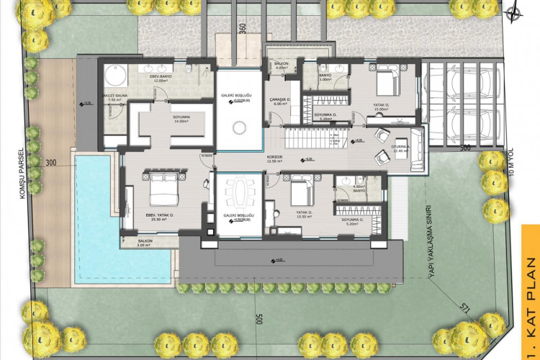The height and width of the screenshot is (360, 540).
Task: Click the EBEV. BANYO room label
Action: [x=160, y=78]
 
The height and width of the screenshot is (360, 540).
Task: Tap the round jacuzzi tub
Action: [x=116, y=75]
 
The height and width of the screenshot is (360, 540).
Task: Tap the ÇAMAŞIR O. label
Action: [x=279, y=101]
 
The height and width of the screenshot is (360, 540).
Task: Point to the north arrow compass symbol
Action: [x=514, y=12]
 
